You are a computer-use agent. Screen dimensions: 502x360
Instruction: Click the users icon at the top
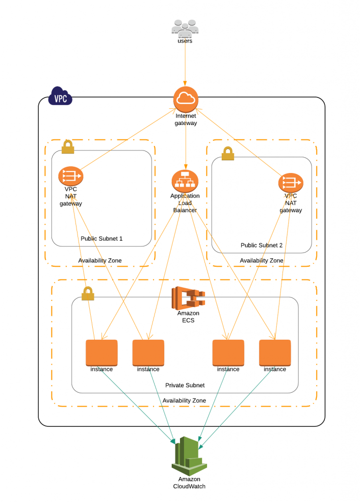[184, 28]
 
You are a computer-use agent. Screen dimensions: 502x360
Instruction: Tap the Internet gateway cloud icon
[185, 99]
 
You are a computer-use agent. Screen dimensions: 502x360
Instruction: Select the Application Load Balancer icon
[184, 181]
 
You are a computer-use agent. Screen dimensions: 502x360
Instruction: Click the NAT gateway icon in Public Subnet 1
[71, 176]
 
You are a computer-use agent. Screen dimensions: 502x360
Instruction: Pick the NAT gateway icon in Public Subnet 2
[291, 183]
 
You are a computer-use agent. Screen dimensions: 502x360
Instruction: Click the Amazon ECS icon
[188, 298]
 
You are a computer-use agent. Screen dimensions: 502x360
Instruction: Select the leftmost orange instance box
[102, 352]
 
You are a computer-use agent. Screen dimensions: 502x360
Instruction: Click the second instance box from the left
[148, 352]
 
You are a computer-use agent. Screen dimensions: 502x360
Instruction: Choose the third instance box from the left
[228, 352]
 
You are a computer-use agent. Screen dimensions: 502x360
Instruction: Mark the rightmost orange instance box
[275, 352]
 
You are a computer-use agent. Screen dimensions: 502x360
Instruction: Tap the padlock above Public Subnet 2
[228, 153]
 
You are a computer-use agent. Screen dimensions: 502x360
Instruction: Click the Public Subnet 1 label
[102, 239]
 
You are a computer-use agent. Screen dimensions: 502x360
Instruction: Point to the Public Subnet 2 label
[261, 245]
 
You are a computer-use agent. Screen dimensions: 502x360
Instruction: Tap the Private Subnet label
[185, 385]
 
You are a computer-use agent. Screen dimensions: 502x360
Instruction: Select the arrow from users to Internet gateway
[185, 64]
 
